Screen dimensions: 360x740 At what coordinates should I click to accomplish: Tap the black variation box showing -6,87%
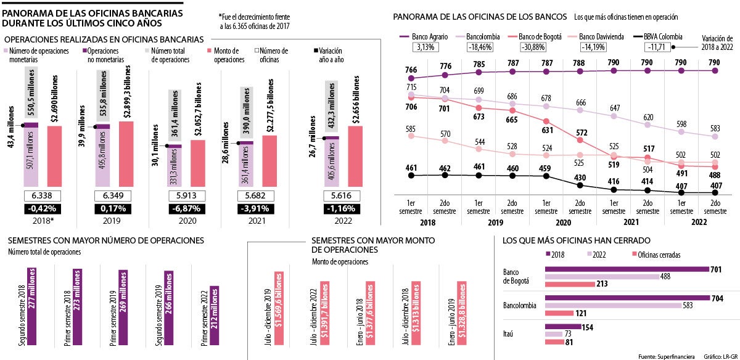pos(184,208)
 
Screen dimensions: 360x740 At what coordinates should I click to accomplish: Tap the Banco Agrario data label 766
pos(412,70)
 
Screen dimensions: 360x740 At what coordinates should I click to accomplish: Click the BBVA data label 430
pos(580,178)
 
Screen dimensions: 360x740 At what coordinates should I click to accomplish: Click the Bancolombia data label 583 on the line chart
pos(715,128)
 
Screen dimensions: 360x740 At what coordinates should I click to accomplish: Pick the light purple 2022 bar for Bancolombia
pos(614,305)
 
